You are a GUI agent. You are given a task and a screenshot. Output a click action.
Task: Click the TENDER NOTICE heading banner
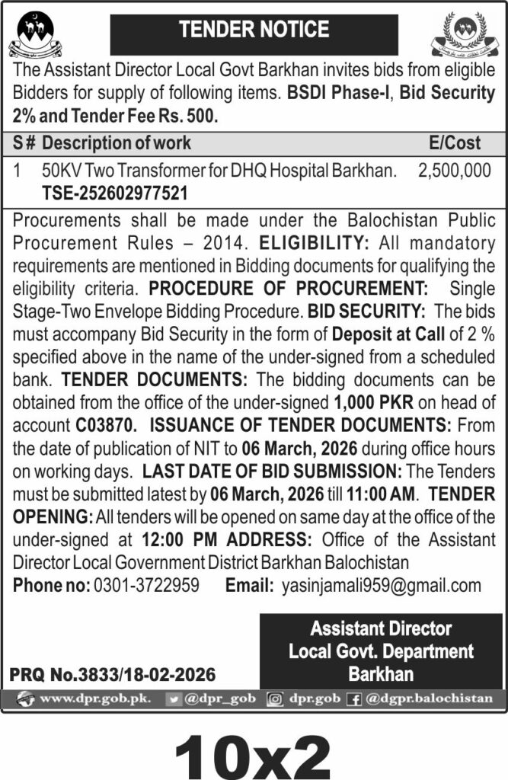pos(254,30)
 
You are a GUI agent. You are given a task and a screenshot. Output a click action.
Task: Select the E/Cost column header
pos(455,142)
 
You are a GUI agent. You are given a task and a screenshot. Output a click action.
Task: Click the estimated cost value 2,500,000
pos(455,171)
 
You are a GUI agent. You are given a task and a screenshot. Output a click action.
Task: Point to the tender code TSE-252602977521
pos(114,194)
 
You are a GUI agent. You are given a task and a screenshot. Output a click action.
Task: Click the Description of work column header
pos(117,142)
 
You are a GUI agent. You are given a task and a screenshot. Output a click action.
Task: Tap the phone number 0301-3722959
pos(146,586)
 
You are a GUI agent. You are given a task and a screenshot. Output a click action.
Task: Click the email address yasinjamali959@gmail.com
pos(381,586)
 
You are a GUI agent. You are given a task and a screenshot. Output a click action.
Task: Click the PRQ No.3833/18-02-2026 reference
pos(113,674)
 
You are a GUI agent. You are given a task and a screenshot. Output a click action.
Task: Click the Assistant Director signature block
pos(380,651)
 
